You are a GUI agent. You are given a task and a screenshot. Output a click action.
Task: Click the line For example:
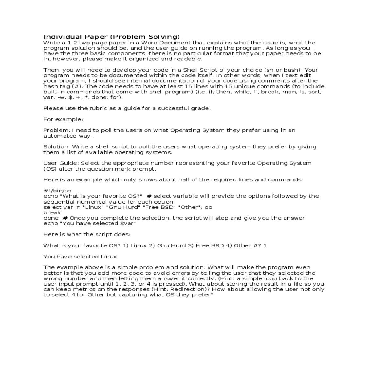click(x=63, y=119)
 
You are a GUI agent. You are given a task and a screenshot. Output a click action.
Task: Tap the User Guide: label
click(x=61, y=163)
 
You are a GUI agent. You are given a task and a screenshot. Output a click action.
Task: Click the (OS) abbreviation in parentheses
click(x=50, y=169)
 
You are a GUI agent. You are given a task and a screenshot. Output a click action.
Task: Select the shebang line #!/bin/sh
click(x=57, y=191)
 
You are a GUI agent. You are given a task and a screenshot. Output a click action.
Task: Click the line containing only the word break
click(x=52, y=212)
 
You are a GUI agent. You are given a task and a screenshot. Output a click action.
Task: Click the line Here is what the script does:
click(x=87, y=234)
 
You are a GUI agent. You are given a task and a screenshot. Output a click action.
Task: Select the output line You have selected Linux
click(x=80, y=257)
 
